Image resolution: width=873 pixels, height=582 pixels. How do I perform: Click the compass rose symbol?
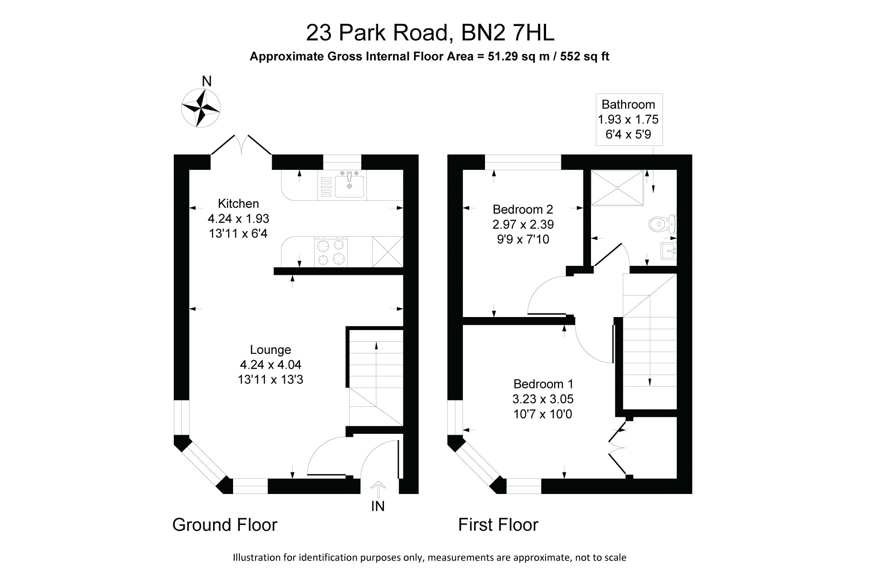pyautogui.click(x=201, y=108)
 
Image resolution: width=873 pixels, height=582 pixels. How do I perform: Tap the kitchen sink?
pyautogui.click(x=349, y=185)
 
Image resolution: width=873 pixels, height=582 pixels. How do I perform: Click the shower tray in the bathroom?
pyautogui.click(x=618, y=187)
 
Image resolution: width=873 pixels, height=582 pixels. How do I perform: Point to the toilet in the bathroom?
pyautogui.click(x=662, y=223)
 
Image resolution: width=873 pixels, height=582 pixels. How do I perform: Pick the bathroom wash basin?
pyautogui.click(x=669, y=251)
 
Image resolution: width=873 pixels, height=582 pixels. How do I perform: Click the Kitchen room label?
pyautogui.click(x=238, y=204)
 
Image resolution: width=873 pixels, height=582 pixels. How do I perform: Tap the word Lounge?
pyautogui.click(x=270, y=350)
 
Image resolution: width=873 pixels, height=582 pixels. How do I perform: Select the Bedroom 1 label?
pyautogui.click(x=543, y=384)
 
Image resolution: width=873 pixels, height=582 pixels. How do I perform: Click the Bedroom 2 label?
pyautogui.click(x=523, y=210)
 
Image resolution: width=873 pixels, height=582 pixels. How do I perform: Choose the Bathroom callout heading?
pyautogui.click(x=628, y=105)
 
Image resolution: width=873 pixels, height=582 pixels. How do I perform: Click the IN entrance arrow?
pyautogui.click(x=378, y=490)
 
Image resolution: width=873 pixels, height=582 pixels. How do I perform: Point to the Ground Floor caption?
pyautogui.click(x=225, y=525)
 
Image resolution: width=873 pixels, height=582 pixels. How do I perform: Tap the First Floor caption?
pyautogui.click(x=498, y=525)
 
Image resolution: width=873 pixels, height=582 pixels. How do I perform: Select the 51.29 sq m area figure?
pyautogui.click(x=515, y=57)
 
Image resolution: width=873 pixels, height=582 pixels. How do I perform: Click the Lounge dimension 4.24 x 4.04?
pyautogui.click(x=270, y=365)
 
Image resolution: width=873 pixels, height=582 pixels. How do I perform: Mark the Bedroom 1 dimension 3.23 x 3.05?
pyautogui.click(x=543, y=399)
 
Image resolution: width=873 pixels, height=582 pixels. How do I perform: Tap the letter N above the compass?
pyautogui.click(x=207, y=81)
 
